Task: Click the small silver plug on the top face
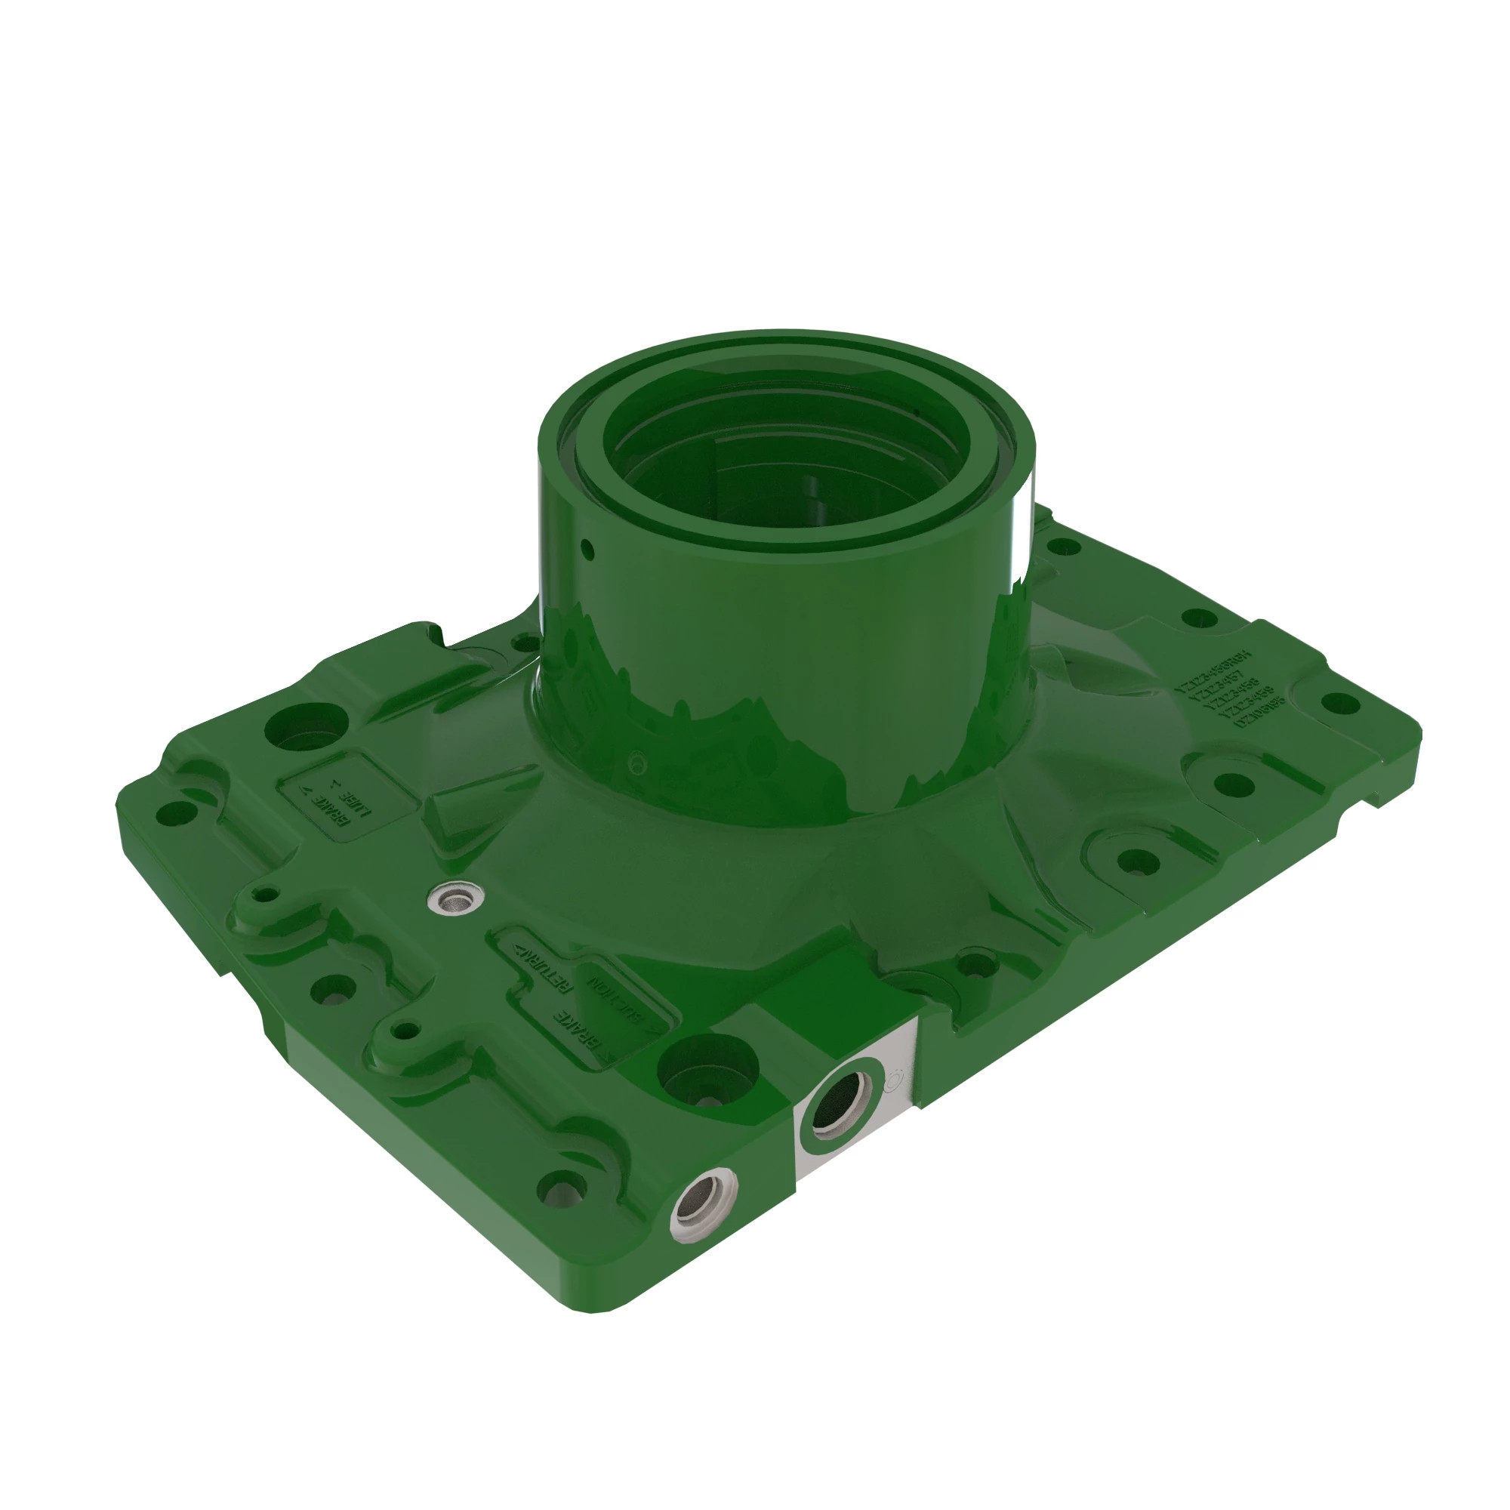pos(458,901)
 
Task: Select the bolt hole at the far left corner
pos(176,814)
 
